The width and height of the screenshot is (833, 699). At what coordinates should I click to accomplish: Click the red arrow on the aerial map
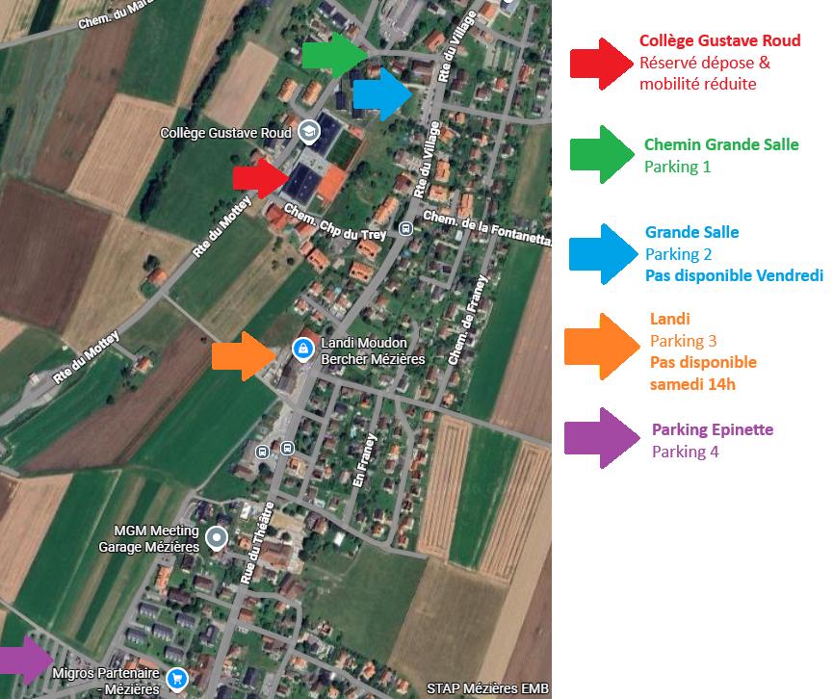pos(260,178)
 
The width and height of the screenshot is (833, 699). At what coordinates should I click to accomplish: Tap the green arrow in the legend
pos(602,155)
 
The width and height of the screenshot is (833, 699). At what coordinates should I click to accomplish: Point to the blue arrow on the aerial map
pos(382,94)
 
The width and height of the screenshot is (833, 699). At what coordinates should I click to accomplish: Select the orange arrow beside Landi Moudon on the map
pos(244,356)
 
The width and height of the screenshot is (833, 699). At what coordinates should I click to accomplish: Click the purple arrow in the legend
pos(602,438)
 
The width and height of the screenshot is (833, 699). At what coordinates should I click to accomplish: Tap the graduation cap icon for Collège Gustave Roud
pos(308,131)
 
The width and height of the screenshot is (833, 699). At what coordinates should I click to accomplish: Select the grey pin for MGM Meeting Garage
pos(217,538)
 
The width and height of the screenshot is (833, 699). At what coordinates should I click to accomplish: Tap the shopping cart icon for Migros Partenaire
pos(177,679)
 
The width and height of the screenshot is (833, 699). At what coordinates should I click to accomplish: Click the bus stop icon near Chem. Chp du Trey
pos(405,229)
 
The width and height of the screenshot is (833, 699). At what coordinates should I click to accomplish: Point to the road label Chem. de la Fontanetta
pos(487,228)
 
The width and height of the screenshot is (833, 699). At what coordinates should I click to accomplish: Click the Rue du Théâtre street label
pos(257,543)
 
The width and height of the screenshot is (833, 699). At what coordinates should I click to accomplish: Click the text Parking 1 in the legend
pos(677,167)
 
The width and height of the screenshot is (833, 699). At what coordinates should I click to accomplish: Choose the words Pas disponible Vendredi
pos(734,275)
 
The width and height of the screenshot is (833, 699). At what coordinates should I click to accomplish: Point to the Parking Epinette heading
pos(713,429)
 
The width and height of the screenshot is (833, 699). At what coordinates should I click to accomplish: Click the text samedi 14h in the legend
pos(692,384)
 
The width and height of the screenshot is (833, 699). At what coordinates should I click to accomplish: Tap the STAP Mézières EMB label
pos(487,688)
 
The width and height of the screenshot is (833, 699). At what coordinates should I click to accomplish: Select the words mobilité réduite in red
pos(697,84)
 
